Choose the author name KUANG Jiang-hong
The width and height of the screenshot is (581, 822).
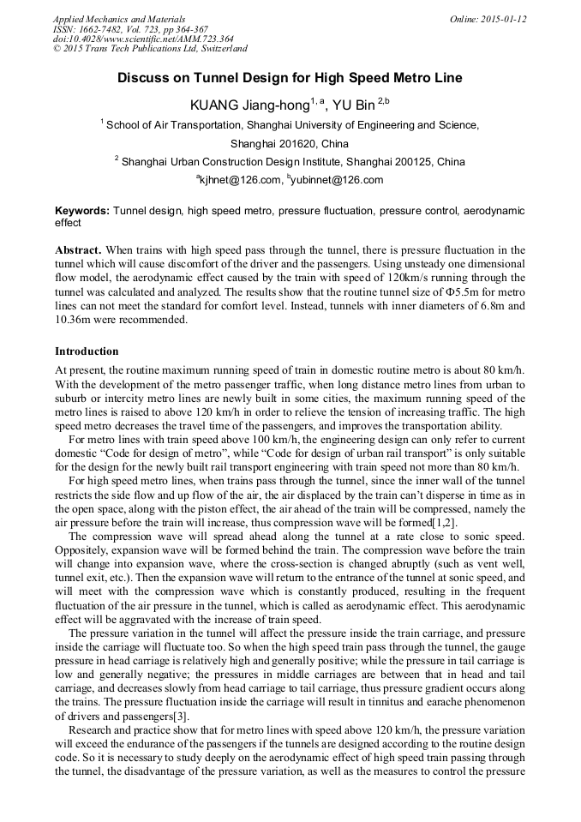tap(249, 105)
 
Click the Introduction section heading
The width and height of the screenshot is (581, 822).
tap(87, 351)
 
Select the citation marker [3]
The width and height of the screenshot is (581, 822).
tap(181, 717)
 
